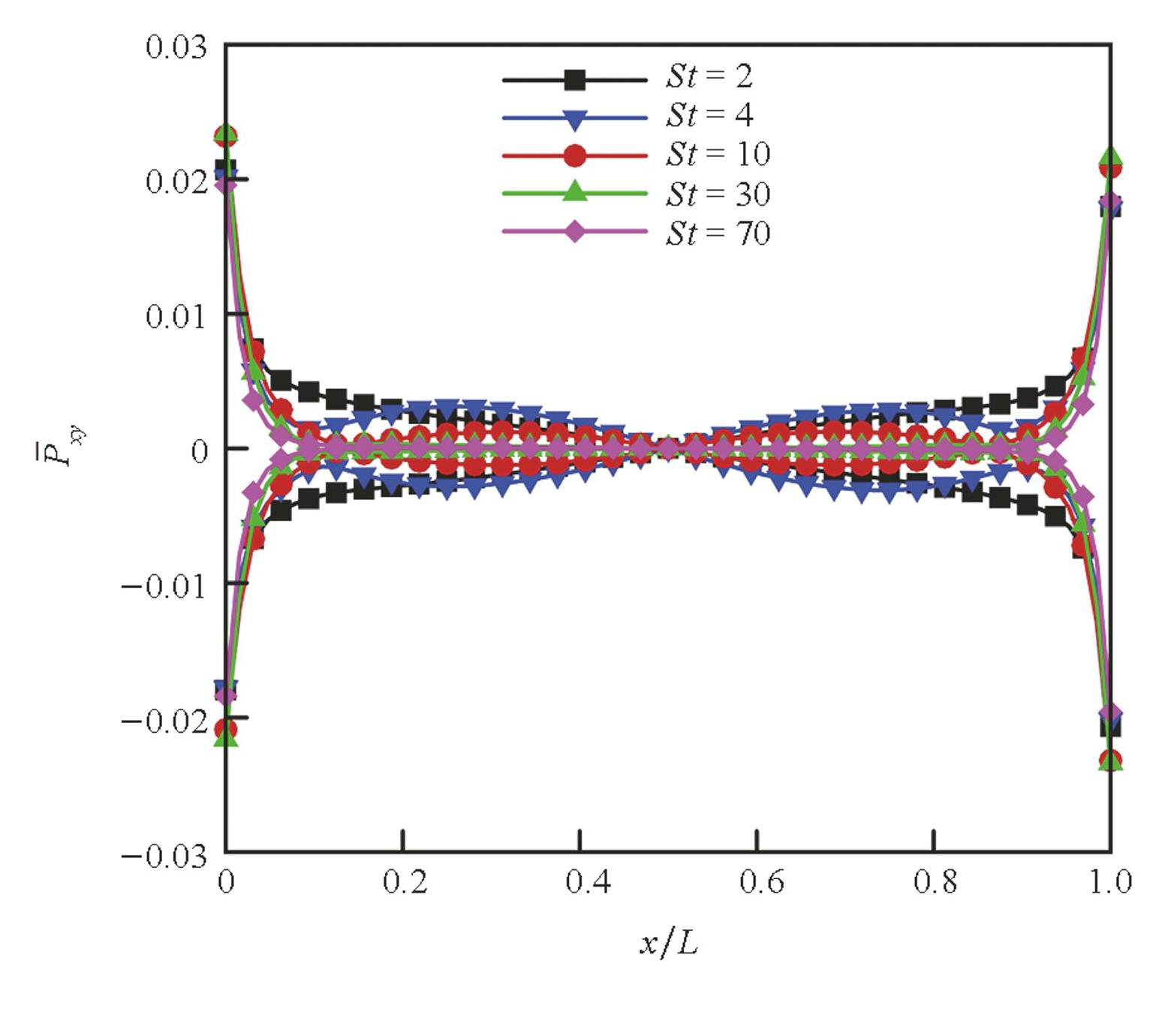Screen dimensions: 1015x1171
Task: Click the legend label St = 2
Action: click(x=709, y=77)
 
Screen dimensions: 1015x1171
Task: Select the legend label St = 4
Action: click(x=709, y=116)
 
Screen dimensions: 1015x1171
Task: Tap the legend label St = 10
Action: click(x=718, y=155)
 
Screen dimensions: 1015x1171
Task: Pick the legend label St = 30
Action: click(x=718, y=194)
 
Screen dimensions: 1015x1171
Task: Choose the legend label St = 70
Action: click(x=718, y=233)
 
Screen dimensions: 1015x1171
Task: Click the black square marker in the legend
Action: click(x=575, y=80)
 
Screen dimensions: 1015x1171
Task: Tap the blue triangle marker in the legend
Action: click(x=575, y=119)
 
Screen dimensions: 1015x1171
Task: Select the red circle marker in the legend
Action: click(x=575, y=155)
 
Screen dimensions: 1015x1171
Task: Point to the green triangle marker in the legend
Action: click(x=575, y=191)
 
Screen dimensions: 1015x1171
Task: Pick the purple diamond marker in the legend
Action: click(x=575, y=231)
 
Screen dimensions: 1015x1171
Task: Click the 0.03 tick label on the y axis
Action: click(x=176, y=47)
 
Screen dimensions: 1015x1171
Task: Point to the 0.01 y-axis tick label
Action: click(x=176, y=317)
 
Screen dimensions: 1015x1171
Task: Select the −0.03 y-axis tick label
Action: click(x=164, y=856)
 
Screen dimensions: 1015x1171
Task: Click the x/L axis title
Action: click(x=669, y=943)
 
